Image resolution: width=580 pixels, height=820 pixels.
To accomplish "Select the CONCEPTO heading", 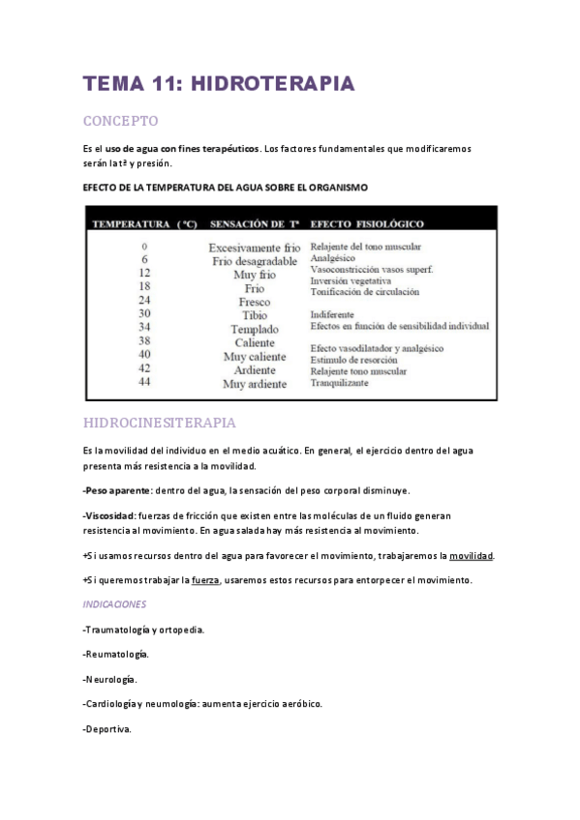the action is pyautogui.click(x=120, y=121).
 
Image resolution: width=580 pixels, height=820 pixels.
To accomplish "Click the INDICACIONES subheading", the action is pyautogui.click(x=114, y=604).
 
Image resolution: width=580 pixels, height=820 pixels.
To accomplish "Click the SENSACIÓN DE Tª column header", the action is pyautogui.click(x=254, y=223).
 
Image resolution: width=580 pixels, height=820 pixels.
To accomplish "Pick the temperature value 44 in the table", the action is pyautogui.click(x=144, y=383).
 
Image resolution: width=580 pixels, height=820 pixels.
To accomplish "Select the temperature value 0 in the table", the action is pyautogui.click(x=144, y=247).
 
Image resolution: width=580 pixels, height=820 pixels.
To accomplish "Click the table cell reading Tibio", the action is pyautogui.click(x=255, y=315).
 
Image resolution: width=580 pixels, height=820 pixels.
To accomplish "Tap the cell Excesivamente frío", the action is pyautogui.click(x=255, y=248).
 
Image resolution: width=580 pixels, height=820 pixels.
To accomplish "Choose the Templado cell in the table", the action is pyautogui.click(x=255, y=329).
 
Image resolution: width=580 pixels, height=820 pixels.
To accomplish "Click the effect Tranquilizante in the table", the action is pyautogui.click(x=341, y=383).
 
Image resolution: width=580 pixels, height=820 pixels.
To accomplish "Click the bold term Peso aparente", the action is pyautogui.click(x=118, y=490).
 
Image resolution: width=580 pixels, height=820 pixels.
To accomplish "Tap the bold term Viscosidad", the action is pyautogui.click(x=109, y=515).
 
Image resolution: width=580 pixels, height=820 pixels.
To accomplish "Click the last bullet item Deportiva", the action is pyautogui.click(x=107, y=729).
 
